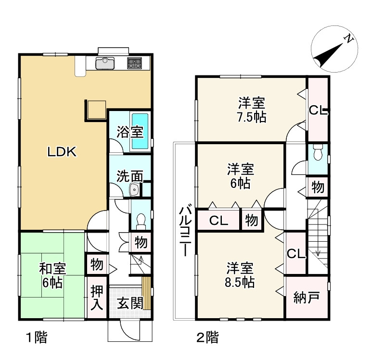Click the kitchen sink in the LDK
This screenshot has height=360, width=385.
[x=105, y=63]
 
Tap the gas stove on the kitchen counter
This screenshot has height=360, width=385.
[x=134, y=63]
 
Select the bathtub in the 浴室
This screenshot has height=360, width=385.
[x=140, y=131]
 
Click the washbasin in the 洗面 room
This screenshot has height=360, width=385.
[x=134, y=189]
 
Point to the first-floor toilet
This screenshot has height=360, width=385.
[x=141, y=220]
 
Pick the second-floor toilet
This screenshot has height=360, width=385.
[x=318, y=152]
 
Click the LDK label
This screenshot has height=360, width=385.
[x=62, y=152]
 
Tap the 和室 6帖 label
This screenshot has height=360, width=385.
[x=52, y=275]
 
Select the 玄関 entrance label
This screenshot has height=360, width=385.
[x=130, y=303]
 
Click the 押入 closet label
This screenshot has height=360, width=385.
[x=97, y=297]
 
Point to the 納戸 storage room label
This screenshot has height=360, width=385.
[x=307, y=298]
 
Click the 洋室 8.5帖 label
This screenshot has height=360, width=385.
[x=240, y=275]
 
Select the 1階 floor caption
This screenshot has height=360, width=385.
[x=37, y=337]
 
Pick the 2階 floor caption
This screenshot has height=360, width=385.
[x=207, y=337]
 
